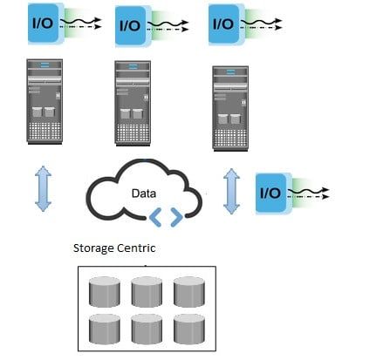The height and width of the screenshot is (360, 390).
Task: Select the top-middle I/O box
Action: click(x=130, y=24)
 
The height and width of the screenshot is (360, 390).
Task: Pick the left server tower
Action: click(x=44, y=100)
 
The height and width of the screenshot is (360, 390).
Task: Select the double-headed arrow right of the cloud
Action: click(x=231, y=190)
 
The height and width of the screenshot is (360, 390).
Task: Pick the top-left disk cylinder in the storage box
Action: click(x=106, y=290)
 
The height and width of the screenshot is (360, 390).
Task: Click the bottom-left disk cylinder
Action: click(x=106, y=329)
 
